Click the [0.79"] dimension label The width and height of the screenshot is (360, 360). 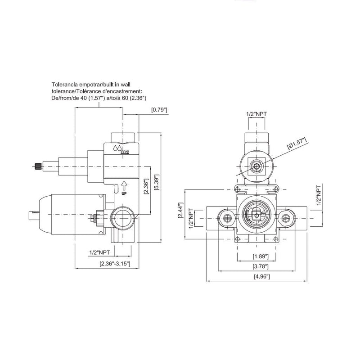159,109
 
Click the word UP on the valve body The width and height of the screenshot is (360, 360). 124,193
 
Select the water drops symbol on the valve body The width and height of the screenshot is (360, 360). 117,148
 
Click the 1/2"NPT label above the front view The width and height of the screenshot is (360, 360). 257,114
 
